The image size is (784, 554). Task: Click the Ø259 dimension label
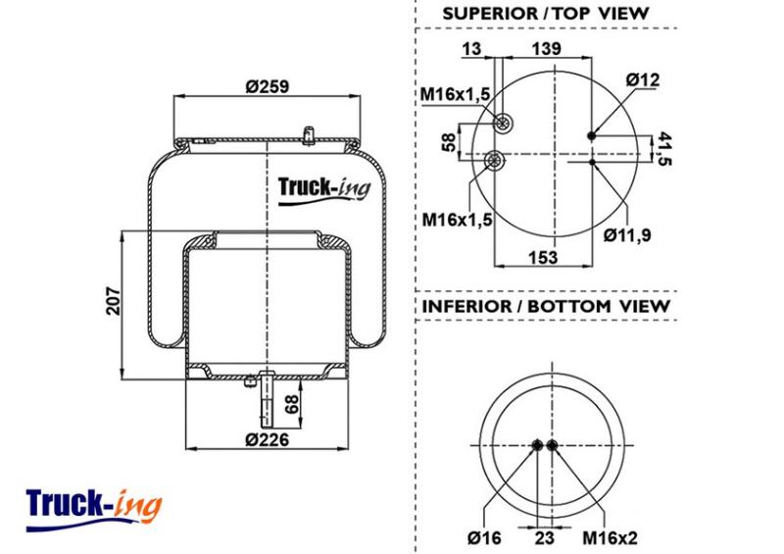267,86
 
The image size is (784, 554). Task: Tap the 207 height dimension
113,301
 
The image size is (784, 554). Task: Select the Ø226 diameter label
267,439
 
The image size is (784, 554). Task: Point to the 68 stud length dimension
291,404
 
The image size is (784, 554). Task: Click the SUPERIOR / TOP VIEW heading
545,14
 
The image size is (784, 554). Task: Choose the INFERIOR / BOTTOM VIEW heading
546,306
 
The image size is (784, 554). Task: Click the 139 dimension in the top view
546,49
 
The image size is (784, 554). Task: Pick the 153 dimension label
543,257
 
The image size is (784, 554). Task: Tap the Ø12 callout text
643,79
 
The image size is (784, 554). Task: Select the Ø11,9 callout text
627,234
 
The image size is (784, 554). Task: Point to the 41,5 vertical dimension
663,148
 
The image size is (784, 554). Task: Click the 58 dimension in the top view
450,142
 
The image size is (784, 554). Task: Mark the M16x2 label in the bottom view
610,538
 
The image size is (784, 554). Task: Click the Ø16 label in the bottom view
484,538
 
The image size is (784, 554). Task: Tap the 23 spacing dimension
545,538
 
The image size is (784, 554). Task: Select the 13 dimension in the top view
471,49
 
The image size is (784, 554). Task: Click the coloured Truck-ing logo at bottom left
94,509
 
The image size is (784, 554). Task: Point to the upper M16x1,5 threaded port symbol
503,123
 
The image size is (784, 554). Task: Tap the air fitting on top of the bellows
309,135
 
